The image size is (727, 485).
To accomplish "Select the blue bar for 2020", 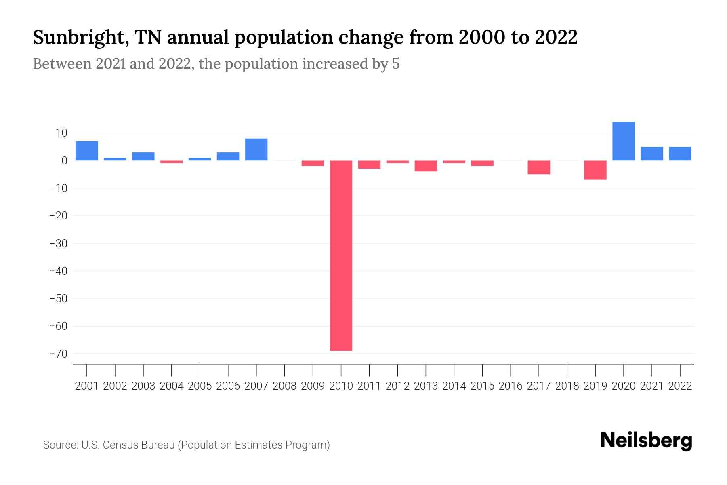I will click(x=623, y=141).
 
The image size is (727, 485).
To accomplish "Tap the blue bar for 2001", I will click(x=87, y=151).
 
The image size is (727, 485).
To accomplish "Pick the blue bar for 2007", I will click(x=256, y=150).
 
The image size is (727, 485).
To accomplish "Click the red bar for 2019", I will click(x=595, y=170).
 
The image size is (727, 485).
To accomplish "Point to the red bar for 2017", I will click(x=539, y=167).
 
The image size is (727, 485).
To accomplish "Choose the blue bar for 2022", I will click(x=680, y=154).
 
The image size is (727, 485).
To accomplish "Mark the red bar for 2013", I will click(x=426, y=166).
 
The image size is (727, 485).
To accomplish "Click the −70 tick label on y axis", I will click(x=58, y=354).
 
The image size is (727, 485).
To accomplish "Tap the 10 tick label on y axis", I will click(x=61, y=133).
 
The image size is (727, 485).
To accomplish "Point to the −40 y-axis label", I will click(x=58, y=271).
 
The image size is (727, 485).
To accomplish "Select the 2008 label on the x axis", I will click(x=284, y=386).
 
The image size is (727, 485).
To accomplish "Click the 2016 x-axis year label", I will click(x=511, y=386).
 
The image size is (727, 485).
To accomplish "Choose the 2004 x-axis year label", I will click(x=172, y=386).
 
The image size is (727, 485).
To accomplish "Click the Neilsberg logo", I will click(x=646, y=441).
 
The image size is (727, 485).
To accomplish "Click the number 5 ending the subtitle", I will click(x=395, y=64).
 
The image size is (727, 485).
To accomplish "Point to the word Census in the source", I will click(x=118, y=445).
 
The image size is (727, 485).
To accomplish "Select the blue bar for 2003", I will click(x=143, y=156).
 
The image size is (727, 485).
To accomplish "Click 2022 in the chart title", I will click(x=556, y=37).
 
